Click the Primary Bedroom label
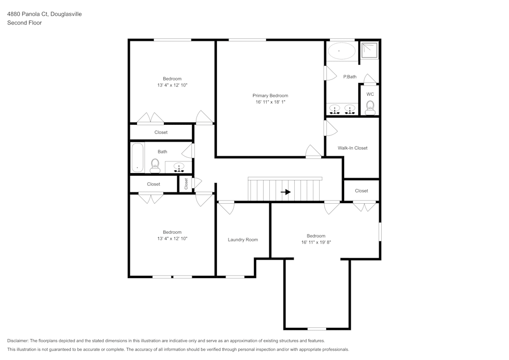[x=270, y=96]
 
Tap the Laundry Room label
[x=243, y=240]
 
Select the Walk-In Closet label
[x=353, y=148]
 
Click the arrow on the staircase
[x=286, y=192]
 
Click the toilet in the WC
[x=370, y=107]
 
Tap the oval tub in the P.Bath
[x=341, y=51]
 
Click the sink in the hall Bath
[x=179, y=167]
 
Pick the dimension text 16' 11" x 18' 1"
[x=270, y=102]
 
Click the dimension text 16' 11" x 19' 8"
[x=316, y=242]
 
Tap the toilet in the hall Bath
[x=155, y=164]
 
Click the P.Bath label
[x=350, y=77]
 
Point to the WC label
[x=370, y=94]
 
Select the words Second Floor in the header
[x=24, y=23]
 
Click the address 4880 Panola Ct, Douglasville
[x=44, y=14]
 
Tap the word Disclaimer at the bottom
[x=18, y=341]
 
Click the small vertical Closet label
[x=186, y=183]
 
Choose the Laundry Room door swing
[x=226, y=207]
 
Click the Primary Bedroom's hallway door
[x=313, y=152]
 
